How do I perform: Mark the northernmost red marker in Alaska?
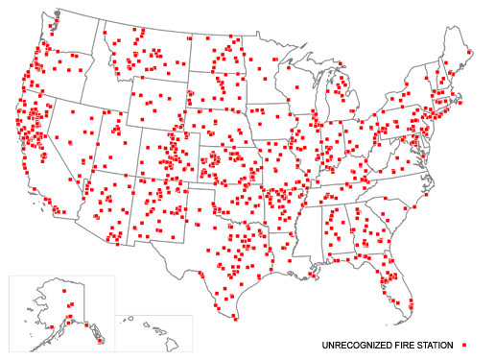(x=65, y=290)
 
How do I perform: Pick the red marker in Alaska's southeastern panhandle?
(x=99, y=337)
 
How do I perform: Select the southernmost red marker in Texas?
(x=233, y=317)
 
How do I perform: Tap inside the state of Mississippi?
(x=305, y=230)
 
